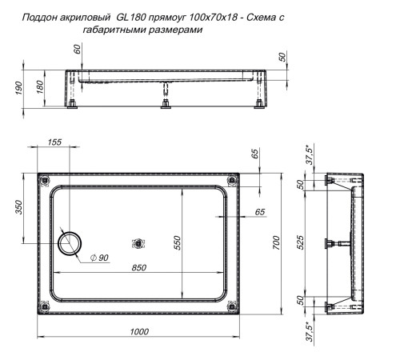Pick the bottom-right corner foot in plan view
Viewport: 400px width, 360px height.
[233, 310]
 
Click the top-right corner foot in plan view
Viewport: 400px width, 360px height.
[233, 178]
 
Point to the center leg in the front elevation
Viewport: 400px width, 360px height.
[164, 102]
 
